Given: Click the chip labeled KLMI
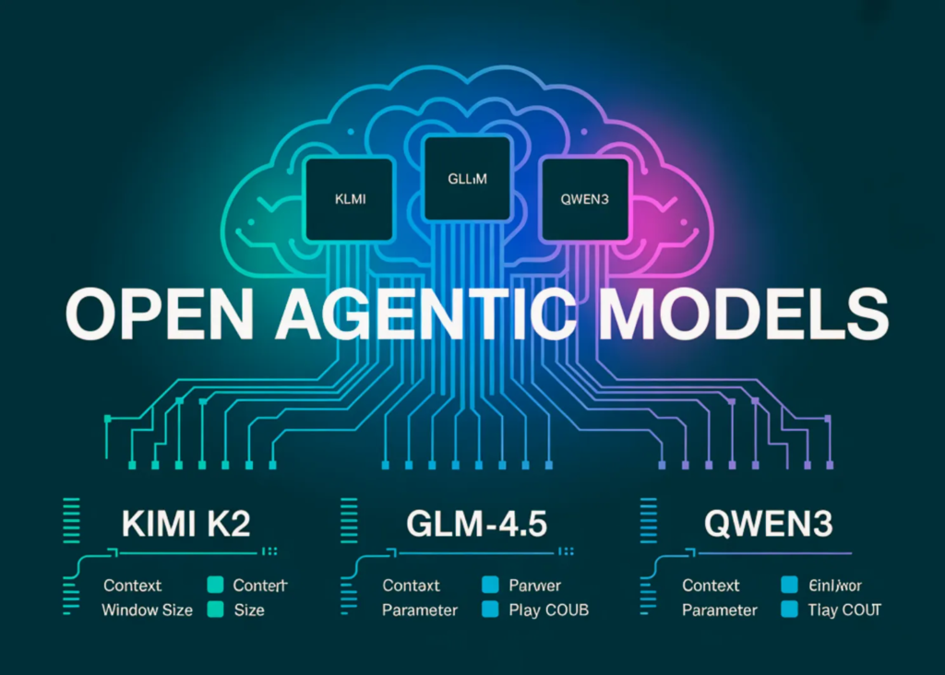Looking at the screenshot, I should [348, 198].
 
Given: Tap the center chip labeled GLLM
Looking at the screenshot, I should [466, 181].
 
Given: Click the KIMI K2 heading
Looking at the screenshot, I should [185, 525].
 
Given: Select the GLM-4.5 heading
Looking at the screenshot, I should [477, 525].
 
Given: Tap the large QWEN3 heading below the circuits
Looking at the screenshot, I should [768, 525].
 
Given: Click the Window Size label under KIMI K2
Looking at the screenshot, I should [147, 610].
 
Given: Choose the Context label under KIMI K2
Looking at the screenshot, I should [132, 586].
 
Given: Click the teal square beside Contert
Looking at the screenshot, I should [216, 585].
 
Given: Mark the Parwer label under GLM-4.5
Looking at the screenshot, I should [534, 586].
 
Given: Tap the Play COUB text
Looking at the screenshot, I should [548, 610].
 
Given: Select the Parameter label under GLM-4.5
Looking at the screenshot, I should [420, 610].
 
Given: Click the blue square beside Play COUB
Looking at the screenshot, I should [491, 610].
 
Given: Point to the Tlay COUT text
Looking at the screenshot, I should [844, 610].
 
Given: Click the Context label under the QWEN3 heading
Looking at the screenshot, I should [711, 586].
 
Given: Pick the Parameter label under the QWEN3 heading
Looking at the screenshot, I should [719, 610].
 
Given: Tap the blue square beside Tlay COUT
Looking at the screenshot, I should [789, 610].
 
